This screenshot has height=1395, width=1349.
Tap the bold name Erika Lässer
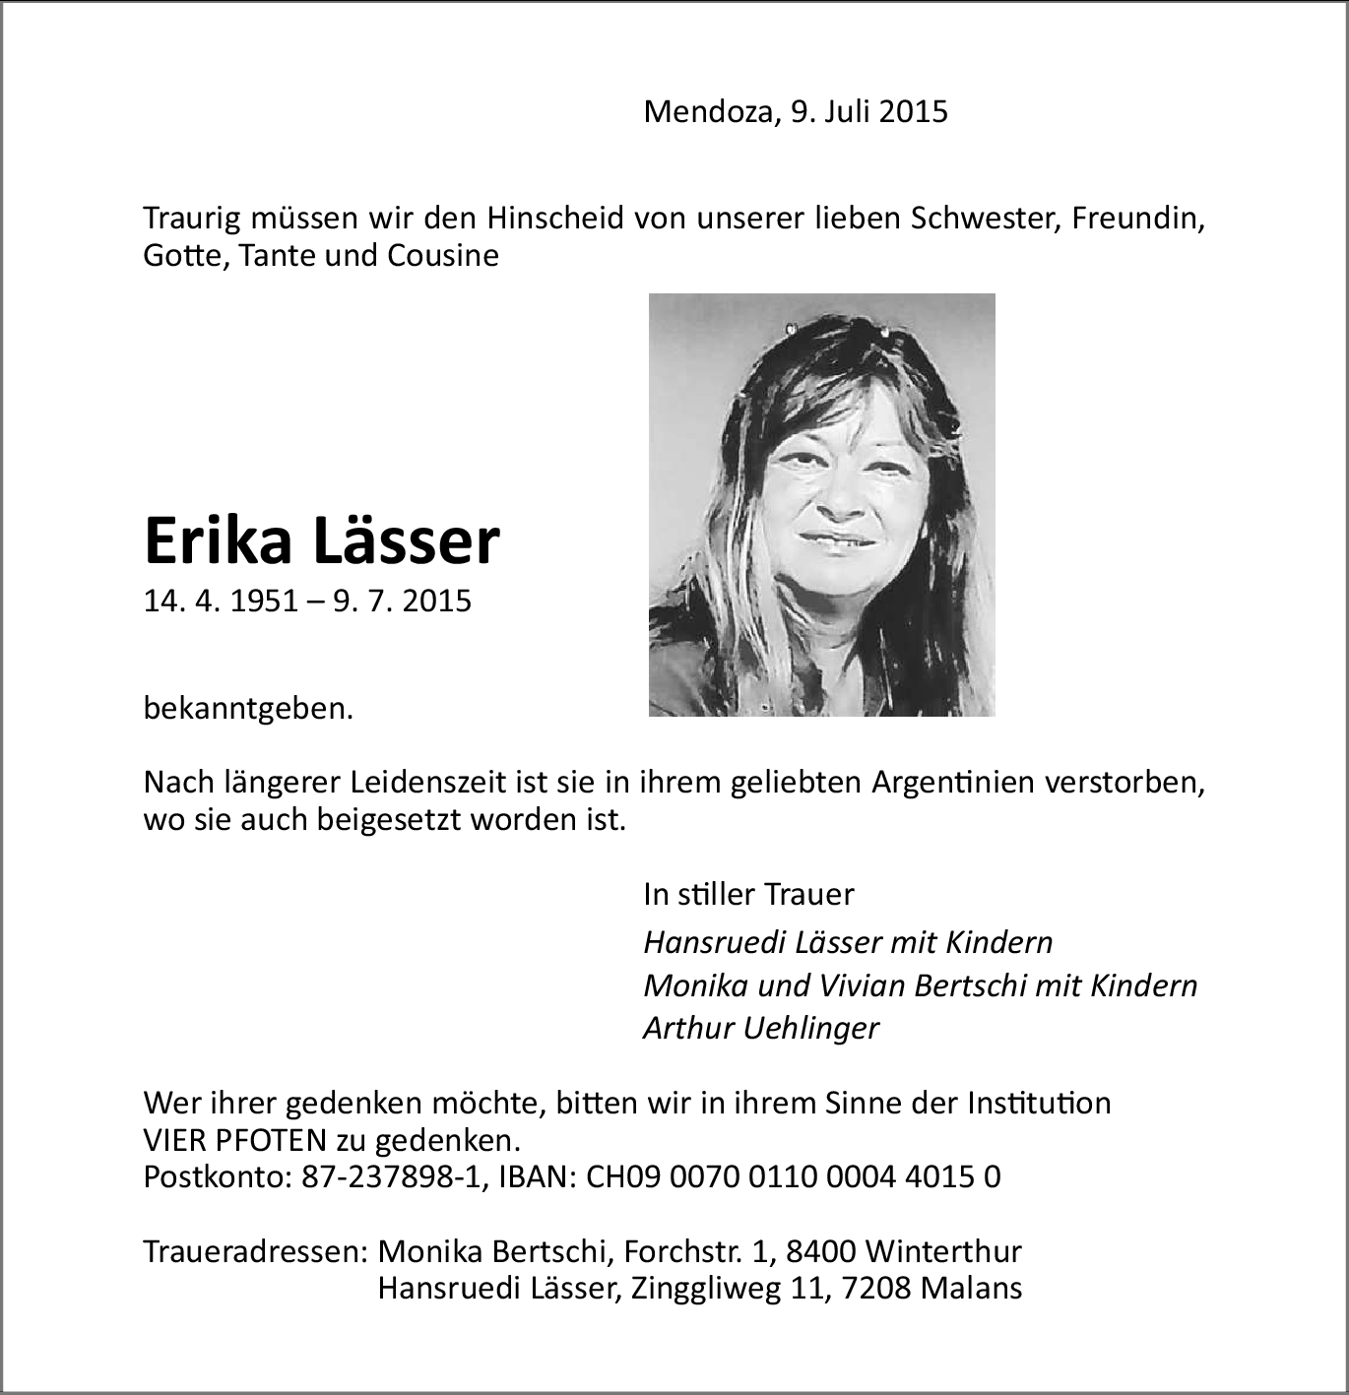click(x=322, y=540)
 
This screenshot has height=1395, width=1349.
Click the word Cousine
click(x=443, y=256)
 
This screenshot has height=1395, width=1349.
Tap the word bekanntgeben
click(x=248, y=708)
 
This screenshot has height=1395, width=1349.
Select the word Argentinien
click(x=952, y=783)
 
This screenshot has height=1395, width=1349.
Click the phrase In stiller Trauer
click(x=748, y=894)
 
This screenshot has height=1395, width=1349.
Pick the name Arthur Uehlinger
click(x=760, y=1028)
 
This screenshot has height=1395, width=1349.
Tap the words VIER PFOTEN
click(x=234, y=1140)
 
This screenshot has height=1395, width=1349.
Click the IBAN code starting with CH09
click(x=794, y=1176)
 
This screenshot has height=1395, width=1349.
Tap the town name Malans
click(x=971, y=1288)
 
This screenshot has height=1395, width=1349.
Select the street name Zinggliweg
click(x=707, y=1288)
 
